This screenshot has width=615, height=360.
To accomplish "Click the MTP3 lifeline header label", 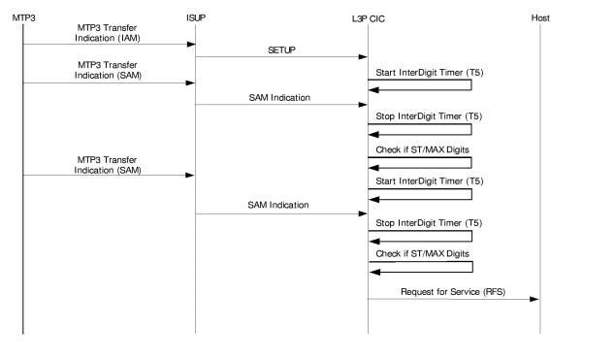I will click(x=22, y=18).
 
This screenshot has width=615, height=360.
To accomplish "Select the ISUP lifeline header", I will click(x=195, y=18).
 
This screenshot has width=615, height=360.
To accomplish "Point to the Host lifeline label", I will click(x=539, y=18).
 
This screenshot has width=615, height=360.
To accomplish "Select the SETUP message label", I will click(x=281, y=49).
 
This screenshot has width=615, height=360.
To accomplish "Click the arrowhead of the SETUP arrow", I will click(x=363, y=56).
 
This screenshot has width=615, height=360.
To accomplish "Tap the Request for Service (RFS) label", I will click(x=452, y=290).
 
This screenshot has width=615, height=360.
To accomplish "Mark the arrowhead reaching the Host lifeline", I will click(x=534, y=299).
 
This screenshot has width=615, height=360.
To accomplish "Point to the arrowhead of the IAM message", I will click(x=190, y=44).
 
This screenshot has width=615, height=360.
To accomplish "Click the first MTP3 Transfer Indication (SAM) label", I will click(x=108, y=70).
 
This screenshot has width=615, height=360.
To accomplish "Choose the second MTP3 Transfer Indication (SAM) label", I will click(x=108, y=164).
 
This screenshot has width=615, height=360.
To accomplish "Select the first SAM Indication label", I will click(x=280, y=98).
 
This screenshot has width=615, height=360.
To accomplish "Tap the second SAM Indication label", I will click(x=280, y=205).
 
